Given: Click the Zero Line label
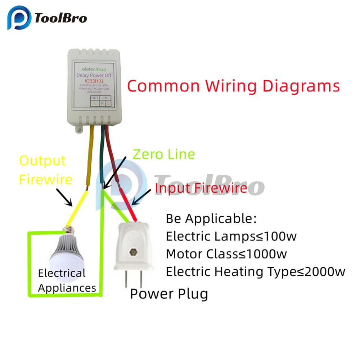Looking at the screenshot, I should tap(164, 154).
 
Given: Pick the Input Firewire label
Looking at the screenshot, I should tap(201, 188).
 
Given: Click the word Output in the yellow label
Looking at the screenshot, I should tap(42, 161).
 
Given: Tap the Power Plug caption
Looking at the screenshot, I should tap(169, 294).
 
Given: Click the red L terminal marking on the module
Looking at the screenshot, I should tap(108, 103).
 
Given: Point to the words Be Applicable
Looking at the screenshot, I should tap(211, 219).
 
